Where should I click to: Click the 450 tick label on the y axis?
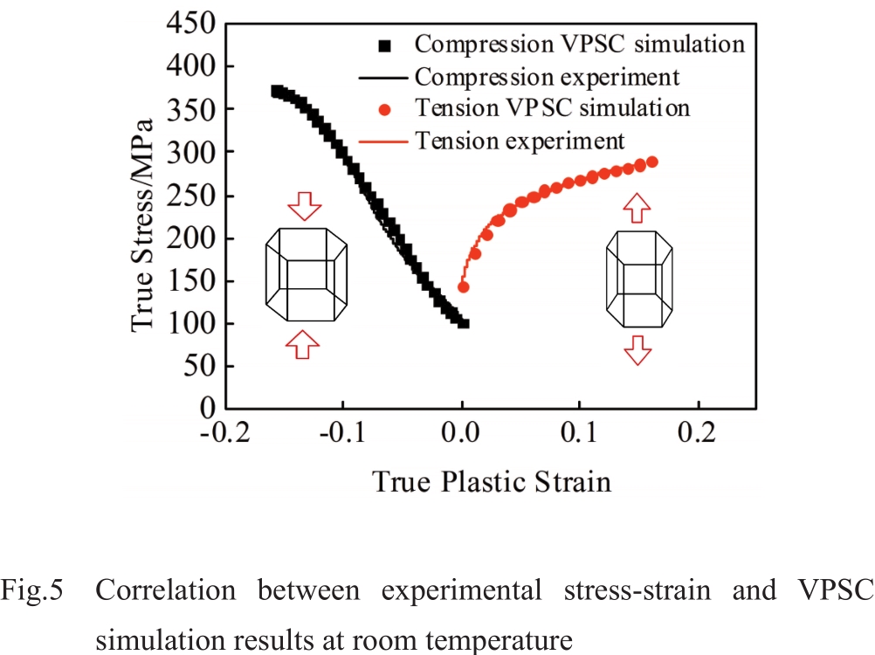click(x=190, y=24)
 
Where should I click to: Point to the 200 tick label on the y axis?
click(x=190, y=238)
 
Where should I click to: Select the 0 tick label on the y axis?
click(x=209, y=409)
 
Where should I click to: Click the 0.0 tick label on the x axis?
click(x=463, y=434)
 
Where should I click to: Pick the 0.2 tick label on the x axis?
click(x=699, y=434)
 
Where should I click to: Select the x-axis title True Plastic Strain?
click(x=493, y=481)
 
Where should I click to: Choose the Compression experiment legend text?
click(x=547, y=77)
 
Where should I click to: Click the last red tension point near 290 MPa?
click(x=651, y=162)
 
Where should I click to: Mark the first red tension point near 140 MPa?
click(x=464, y=286)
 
